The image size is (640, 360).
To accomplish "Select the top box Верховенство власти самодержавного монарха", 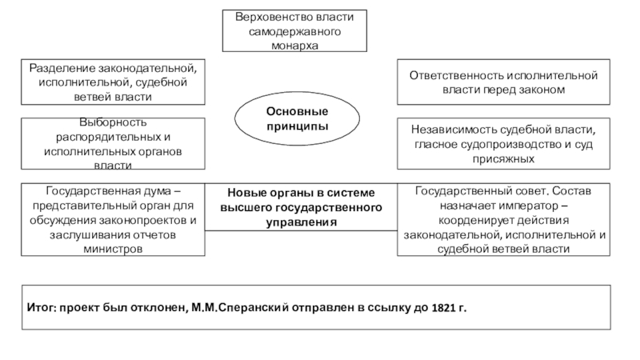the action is point(294,31).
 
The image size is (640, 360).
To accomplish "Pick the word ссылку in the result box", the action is point(390,307).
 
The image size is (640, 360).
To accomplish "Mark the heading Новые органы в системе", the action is point(300,193).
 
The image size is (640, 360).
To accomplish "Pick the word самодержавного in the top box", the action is point(294,31).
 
